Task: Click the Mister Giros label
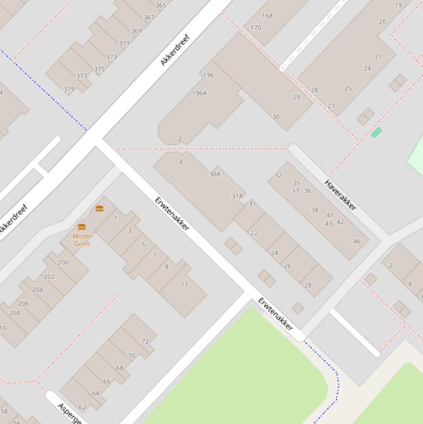81,240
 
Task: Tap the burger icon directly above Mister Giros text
82,227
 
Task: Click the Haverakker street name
340,195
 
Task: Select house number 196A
199,93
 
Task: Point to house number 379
69,89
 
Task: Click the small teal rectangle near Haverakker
376,132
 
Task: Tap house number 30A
215,174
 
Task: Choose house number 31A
237,196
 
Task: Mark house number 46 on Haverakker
357,241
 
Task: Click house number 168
267,15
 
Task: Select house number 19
398,6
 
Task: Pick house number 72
145,341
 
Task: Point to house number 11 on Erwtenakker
184,284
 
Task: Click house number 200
63,263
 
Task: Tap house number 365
161,6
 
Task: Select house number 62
83,407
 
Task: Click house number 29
296,97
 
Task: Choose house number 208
14,313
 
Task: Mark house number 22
254,233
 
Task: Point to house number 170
256,28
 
